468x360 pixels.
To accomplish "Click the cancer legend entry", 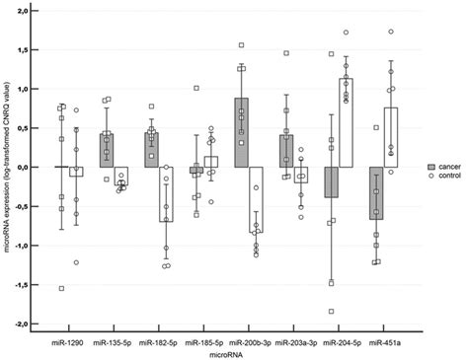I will click(441, 169).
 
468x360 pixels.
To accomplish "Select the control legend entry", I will click(441, 178).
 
